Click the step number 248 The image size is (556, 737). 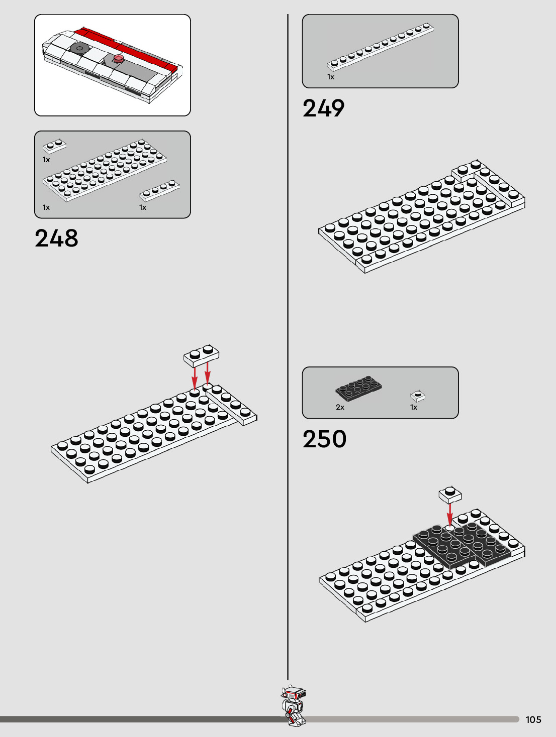tap(56, 238)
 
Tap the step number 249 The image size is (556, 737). tap(323, 108)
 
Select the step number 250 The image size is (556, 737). tap(324, 439)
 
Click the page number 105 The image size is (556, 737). tap(533, 719)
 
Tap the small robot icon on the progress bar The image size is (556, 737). tap(293, 705)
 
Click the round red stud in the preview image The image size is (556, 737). tap(119, 59)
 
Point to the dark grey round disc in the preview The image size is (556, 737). tap(79, 48)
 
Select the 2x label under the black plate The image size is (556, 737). tap(340, 407)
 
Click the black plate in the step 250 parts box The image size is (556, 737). tap(359, 388)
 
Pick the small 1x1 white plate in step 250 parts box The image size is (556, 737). tap(417, 396)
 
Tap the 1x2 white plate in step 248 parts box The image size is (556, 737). tap(54, 146)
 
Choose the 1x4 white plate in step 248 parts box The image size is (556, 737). tap(159, 190)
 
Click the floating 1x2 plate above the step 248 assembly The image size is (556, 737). tap(201, 355)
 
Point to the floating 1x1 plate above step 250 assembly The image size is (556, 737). tap(450, 495)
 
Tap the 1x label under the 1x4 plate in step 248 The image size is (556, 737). tap(143, 207)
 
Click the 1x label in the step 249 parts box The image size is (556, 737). tap(330, 77)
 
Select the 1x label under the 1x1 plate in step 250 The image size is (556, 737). tap(413, 407)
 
